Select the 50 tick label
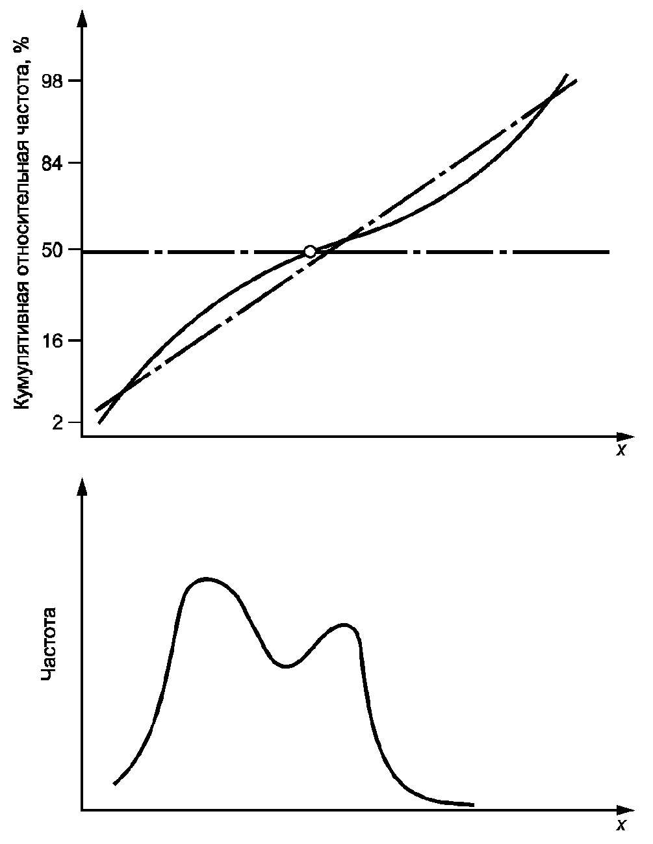pyautogui.click(x=52, y=251)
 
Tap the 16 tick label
pyautogui.click(x=52, y=340)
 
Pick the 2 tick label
pyautogui.click(x=57, y=423)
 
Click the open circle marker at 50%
pyautogui.click(x=310, y=251)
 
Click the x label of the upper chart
pyautogui.click(x=621, y=450)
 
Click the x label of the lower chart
pyautogui.click(x=621, y=825)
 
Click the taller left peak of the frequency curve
pyautogui.click(x=206, y=578)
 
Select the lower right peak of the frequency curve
pyautogui.click(x=344, y=625)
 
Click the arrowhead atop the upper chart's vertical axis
pyautogui.click(x=82, y=18)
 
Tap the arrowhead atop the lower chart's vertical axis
pyautogui.click(x=82, y=487)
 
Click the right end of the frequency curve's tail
pyautogui.click(x=472, y=804)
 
